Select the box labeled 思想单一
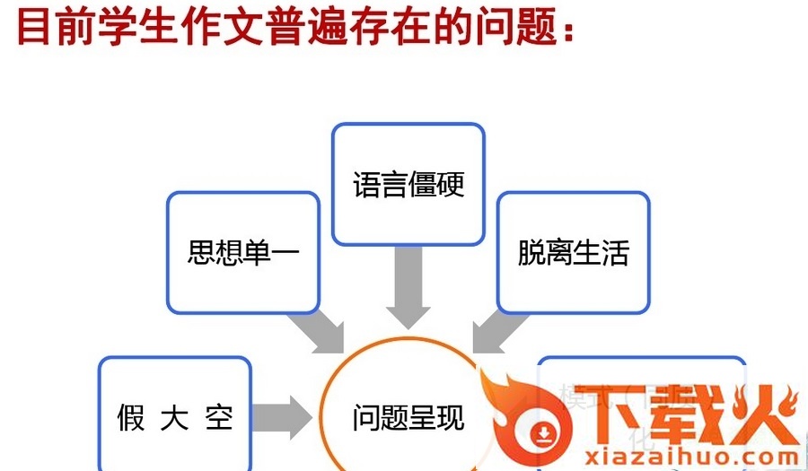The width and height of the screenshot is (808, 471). [242, 252]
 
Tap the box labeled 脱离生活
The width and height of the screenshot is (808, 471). [573, 252]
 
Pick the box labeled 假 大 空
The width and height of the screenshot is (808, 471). [174, 416]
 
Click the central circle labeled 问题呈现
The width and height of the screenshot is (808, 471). [408, 417]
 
